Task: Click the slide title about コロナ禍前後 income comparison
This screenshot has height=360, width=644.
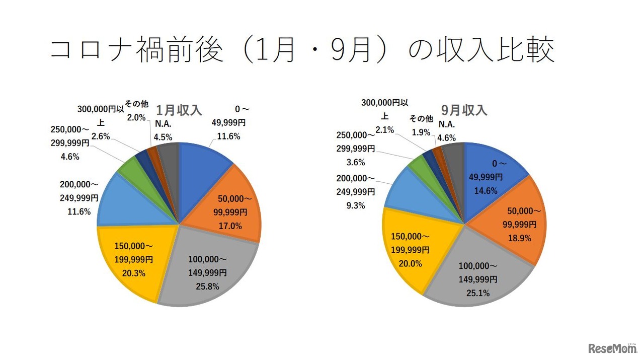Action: [x=302, y=51]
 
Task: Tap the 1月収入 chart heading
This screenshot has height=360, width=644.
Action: [x=179, y=110]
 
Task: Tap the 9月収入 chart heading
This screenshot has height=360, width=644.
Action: [x=464, y=110]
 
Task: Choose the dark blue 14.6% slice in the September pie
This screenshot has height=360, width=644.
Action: [x=488, y=171]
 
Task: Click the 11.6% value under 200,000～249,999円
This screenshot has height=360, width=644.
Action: [x=79, y=211]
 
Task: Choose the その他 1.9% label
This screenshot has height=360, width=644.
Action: [x=421, y=132]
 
